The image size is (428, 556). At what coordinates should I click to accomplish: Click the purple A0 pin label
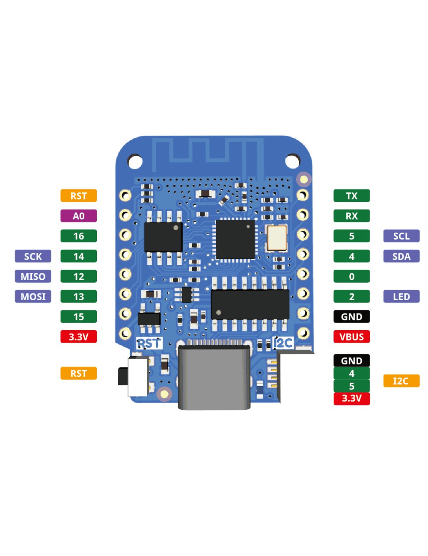78,216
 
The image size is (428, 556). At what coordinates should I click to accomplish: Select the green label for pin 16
78,236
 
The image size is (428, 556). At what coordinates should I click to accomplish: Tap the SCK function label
33,256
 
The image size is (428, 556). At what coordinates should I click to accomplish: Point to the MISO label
33,276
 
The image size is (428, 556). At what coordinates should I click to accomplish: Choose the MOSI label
33,296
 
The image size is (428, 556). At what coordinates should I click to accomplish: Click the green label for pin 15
78,316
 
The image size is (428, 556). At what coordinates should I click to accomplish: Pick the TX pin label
351,196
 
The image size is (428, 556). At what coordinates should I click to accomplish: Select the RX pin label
351,216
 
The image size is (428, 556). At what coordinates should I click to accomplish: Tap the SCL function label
401,236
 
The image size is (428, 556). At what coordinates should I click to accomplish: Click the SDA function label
401,256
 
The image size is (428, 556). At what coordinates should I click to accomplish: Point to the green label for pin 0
351,276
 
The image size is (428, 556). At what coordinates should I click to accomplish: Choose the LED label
401,296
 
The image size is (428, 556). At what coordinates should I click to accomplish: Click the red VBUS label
351,337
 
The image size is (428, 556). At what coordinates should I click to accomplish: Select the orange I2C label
401,381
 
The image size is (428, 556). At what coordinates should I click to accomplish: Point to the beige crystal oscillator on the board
276,238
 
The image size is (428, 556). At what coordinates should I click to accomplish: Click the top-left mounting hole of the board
135,162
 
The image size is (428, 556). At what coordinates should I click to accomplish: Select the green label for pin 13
78,296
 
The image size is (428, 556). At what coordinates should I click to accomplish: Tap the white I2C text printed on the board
283,343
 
